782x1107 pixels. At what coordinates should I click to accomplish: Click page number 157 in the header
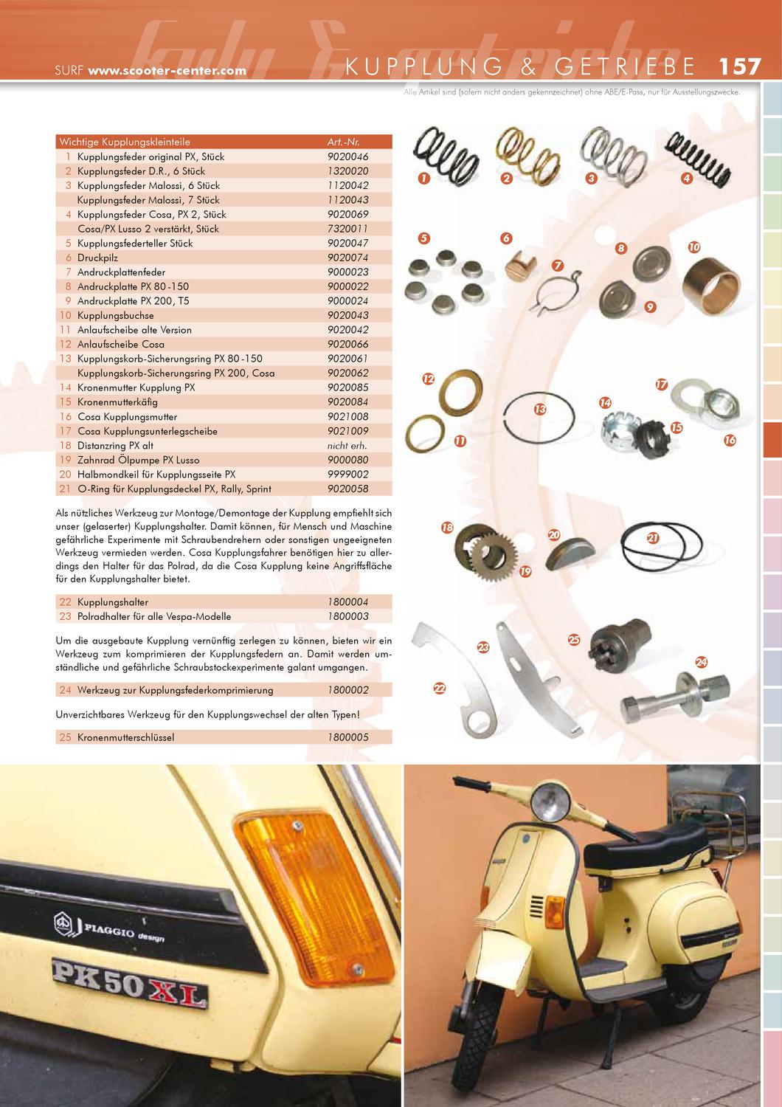[739, 66]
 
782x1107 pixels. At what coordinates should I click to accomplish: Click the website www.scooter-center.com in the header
[167, 72]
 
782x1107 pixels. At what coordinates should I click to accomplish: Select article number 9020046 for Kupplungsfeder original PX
[347, 156]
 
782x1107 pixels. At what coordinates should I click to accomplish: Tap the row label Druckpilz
[97, 258]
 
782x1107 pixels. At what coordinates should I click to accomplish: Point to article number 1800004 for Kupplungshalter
[347, 602]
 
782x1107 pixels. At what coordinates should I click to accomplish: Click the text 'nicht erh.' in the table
[347, 446]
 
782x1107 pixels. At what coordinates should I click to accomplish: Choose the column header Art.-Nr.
[343, 142]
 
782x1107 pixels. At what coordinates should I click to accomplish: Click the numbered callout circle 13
[540, 409]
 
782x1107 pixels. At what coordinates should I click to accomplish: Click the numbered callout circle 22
[440, 689]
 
